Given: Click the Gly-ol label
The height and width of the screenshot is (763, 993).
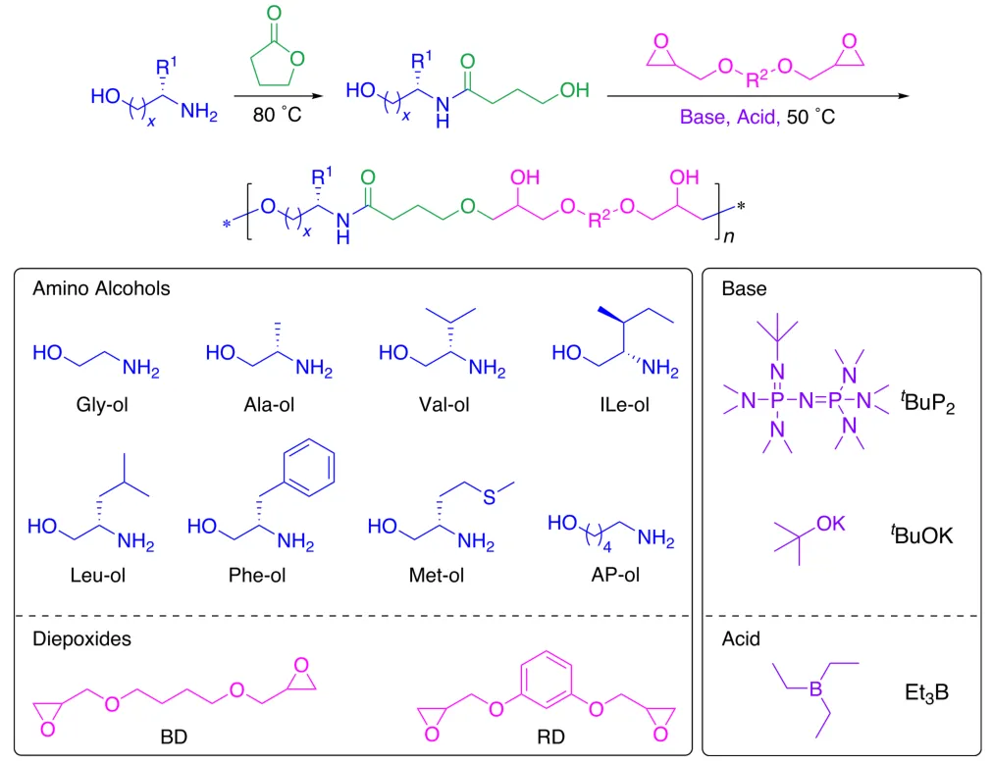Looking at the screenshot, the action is [x=102, y=405].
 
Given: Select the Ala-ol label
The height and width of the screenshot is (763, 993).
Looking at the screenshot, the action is [x=269, y=405].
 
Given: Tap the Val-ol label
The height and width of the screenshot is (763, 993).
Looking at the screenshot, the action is [x=444, y=405].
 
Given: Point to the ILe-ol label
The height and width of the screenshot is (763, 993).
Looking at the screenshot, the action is [x=624, y=405].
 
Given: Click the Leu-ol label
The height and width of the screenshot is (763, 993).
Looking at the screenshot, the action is [x=97, y=575].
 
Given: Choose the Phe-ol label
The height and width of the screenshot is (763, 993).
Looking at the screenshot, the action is [x=257, y=575].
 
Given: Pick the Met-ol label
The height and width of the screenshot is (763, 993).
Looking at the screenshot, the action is [x=437, y=575].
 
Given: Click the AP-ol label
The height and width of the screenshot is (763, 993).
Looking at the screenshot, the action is [x=615, y=575].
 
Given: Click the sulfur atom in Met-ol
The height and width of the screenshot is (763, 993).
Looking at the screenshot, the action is [x=489, y=497].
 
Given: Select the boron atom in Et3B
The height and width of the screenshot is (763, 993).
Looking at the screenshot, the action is [x=815, y=688].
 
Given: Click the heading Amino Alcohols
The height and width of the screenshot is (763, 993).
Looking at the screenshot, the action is [x=101, y=288].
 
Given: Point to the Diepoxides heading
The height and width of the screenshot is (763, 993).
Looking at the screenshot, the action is [x=81, y=638].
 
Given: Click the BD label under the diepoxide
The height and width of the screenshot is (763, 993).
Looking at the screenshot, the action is [x=174, y=738].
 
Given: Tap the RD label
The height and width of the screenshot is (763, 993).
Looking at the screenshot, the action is [x=550, y=738].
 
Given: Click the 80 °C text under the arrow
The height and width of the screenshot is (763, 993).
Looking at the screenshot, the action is [x=278, y=116].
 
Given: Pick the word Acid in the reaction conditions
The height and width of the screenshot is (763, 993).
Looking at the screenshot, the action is [x=757, y=117].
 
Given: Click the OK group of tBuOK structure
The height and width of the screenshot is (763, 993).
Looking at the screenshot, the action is [x=830, y=524].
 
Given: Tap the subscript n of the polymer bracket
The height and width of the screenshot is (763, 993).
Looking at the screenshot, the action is [x=729, y=236].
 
